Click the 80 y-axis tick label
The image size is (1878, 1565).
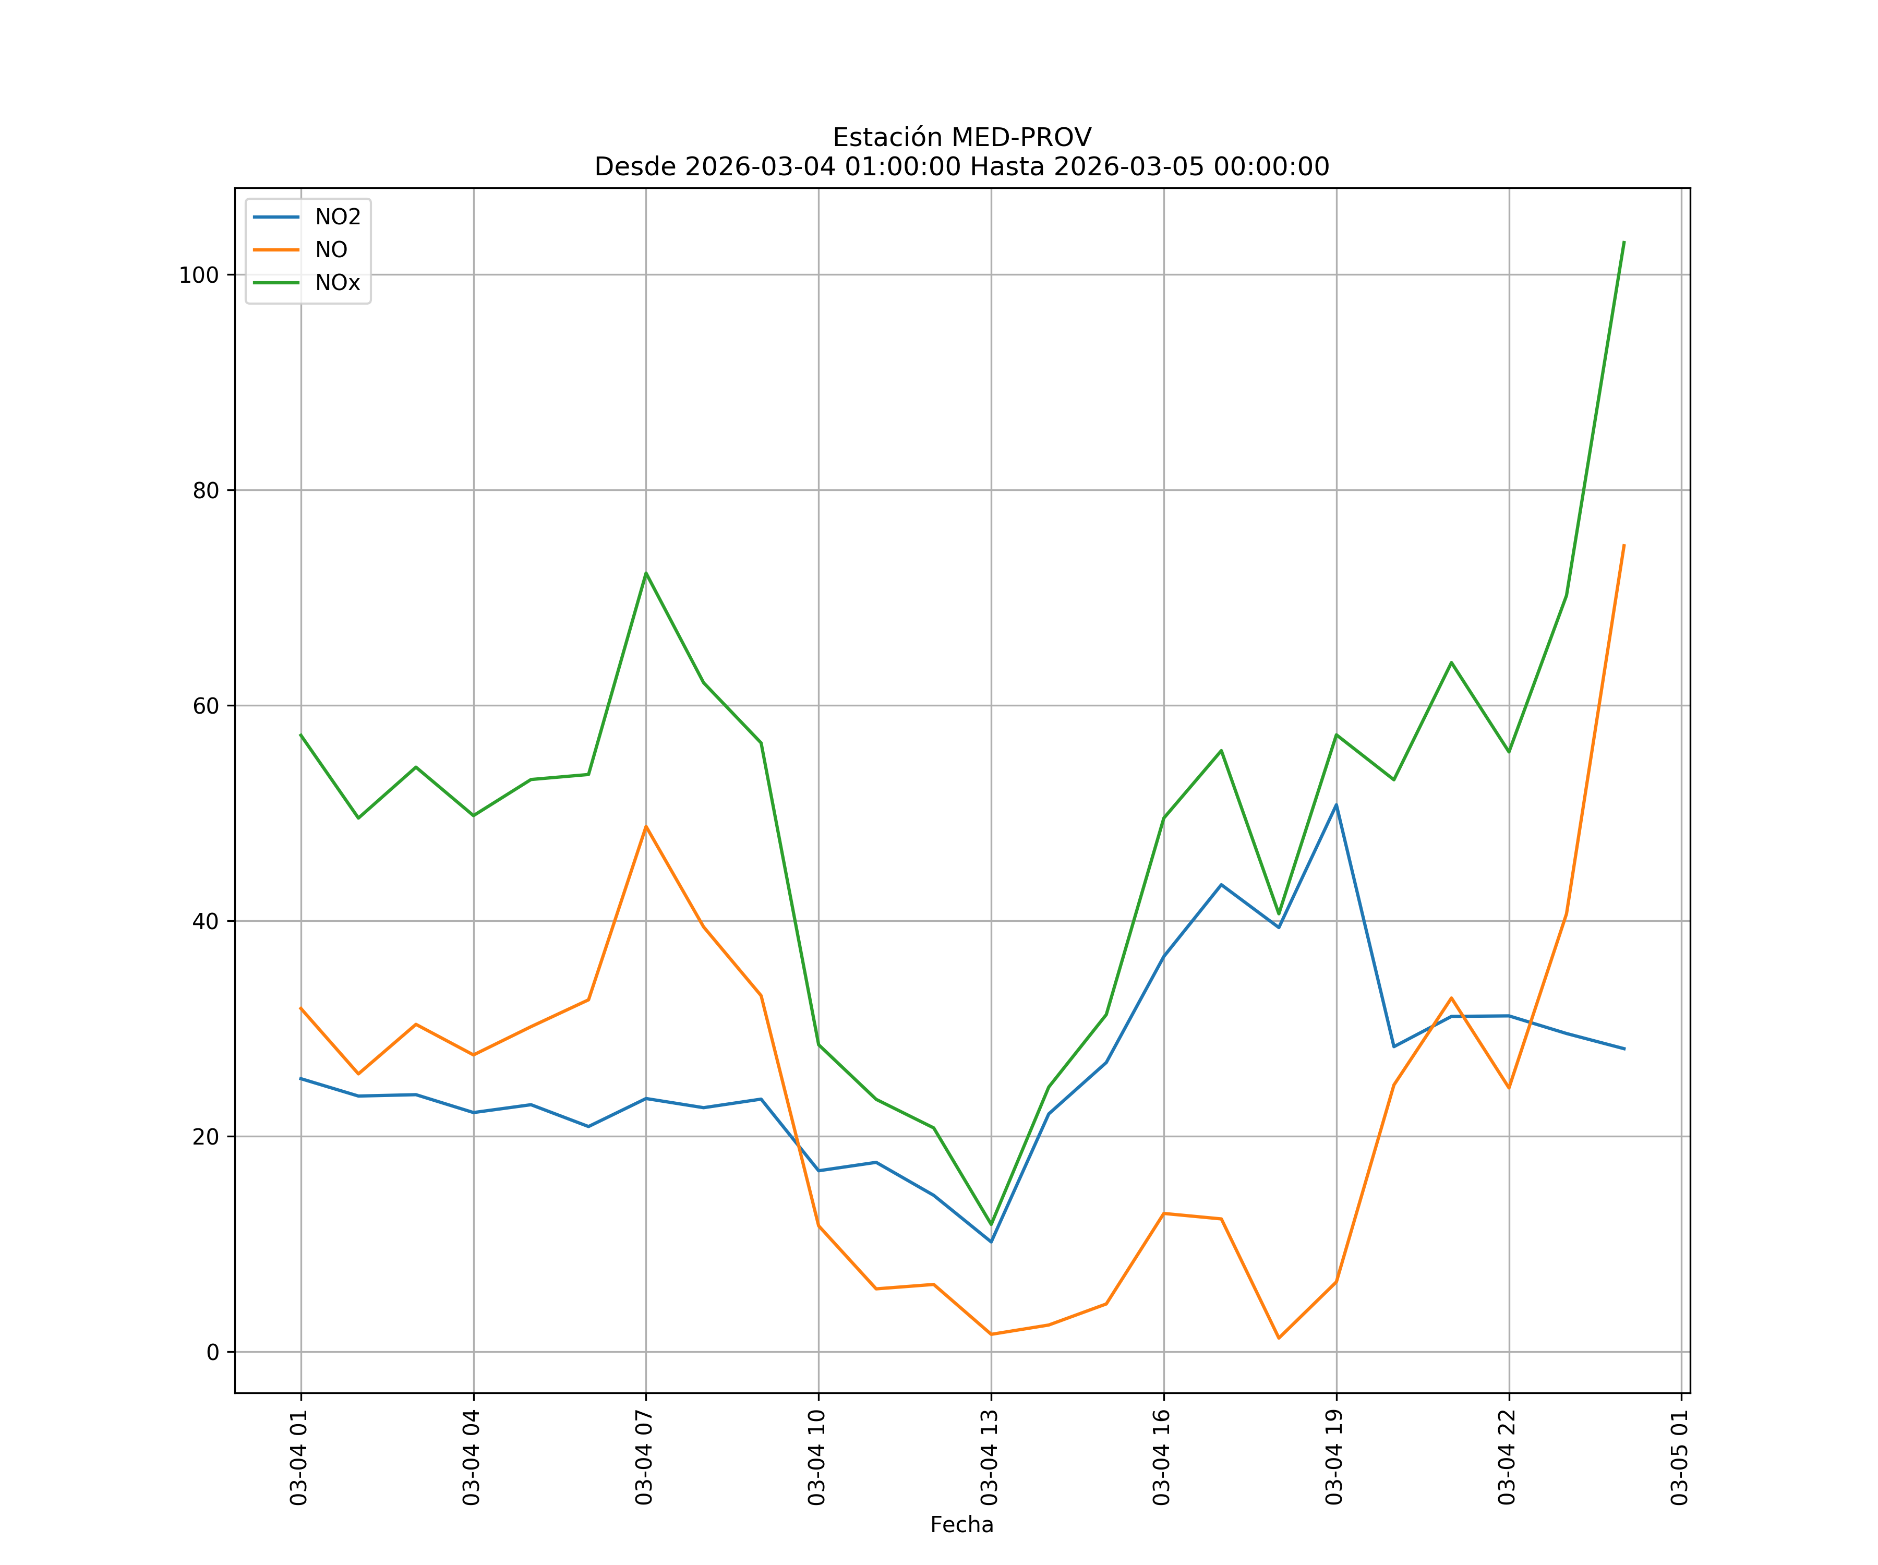click(205, 490)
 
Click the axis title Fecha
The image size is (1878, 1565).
click(961, 1525)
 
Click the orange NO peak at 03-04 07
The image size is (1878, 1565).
click(646, 826)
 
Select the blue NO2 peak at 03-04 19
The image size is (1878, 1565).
click(1336, 805)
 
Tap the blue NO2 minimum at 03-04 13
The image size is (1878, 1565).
click(991, 1241)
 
